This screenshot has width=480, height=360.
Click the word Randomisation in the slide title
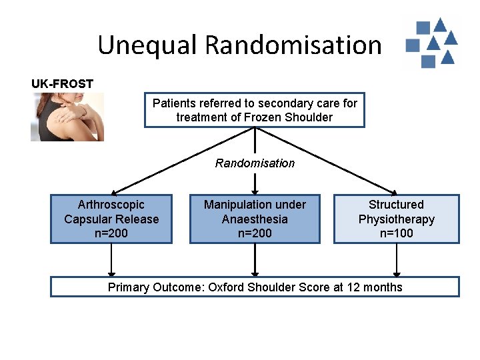coord(293,45)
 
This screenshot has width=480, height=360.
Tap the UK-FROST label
coord(62,84)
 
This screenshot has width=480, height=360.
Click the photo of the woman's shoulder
coord(67,117)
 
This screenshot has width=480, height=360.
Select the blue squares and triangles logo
coord(431,43)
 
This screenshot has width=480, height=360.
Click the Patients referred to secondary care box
coord(255,110)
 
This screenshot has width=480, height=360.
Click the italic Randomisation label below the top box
coord(255,163)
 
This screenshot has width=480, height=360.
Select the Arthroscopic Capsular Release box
coord(111,219)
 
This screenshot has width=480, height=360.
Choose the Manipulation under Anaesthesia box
coord(255,219)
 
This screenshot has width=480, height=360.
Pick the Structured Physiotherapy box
coord(396,219)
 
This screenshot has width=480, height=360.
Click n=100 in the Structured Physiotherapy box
coord(396,233)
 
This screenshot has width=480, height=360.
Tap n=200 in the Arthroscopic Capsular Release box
coord(111,233)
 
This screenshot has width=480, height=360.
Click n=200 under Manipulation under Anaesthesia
coord(255,233)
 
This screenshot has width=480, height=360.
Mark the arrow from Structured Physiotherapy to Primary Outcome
coord(397,260)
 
